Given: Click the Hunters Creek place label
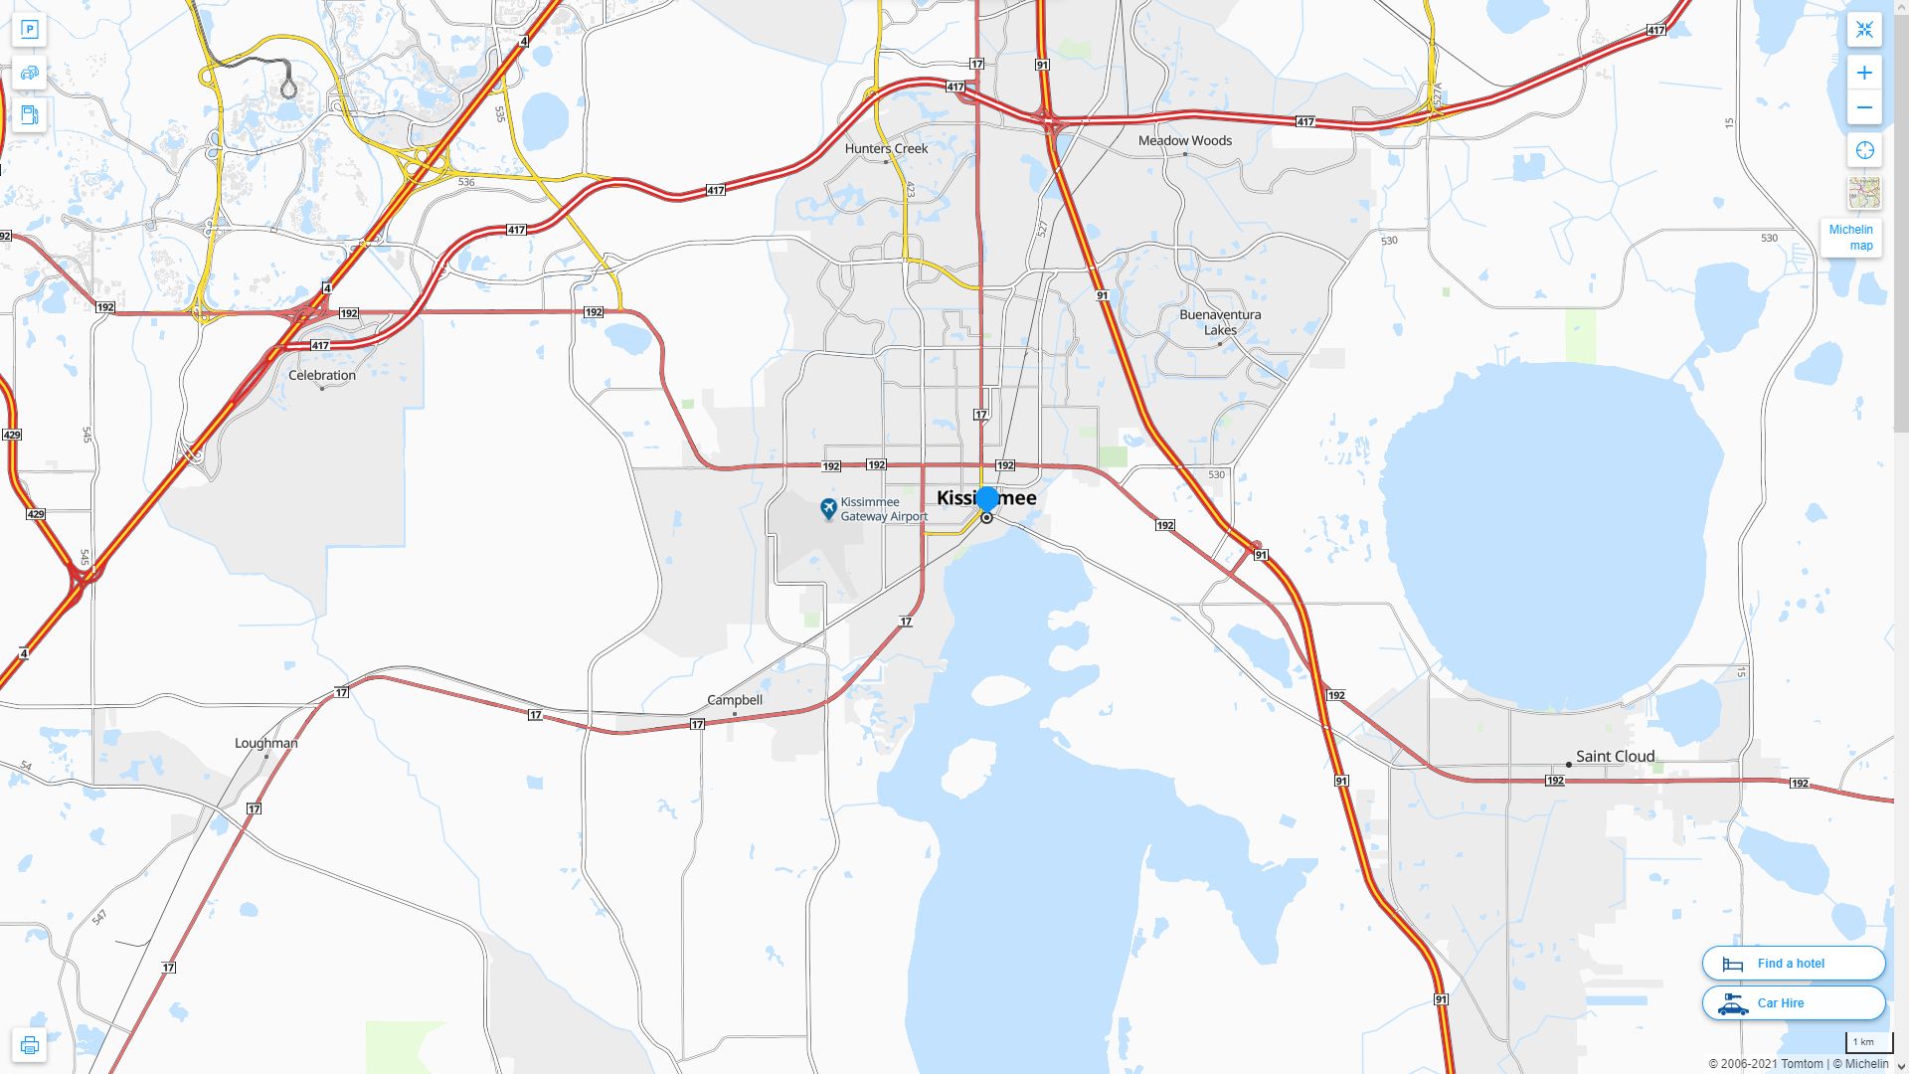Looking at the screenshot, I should tap(886, 148).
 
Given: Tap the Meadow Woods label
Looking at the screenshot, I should tap(1184, 140).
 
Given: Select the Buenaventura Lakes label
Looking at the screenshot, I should tap(1220, 322).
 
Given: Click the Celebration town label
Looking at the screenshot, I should tap(321, 375).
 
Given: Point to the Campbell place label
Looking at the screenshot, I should tap(735, 700).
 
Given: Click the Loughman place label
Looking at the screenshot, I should tap(265, 743).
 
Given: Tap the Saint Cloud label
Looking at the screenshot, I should tap(1615, 756).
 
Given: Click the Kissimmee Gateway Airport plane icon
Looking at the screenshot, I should tap(828, 509).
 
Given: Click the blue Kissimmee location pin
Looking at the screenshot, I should tap(987, 498).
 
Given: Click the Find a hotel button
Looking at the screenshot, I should tap(1793, 963).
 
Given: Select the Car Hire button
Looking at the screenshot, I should tap(1793, 1002).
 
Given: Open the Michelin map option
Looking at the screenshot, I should tap(1850, 238).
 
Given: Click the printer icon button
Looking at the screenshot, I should tap(29, 1045).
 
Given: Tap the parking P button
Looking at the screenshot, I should tap(29, 30).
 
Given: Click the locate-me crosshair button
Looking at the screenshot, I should tap(1864, 150).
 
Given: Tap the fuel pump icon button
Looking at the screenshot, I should tap(29, 114).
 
